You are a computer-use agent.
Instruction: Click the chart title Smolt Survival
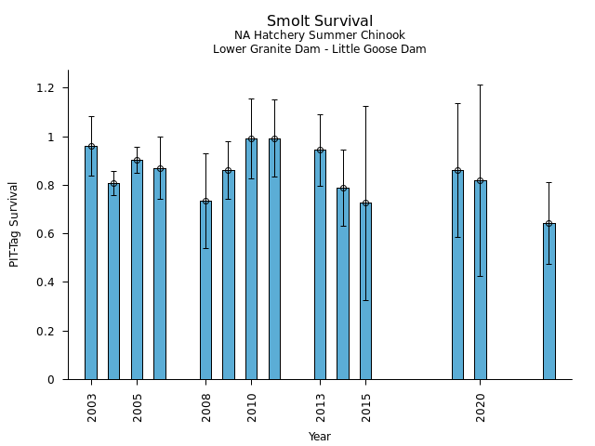(320, 21)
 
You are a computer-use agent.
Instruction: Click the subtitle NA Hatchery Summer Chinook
(320, 35)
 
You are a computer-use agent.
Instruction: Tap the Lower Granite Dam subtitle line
(320, 49)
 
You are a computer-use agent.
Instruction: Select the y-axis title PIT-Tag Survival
(14, 224)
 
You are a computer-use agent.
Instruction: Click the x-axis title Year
(320, 437)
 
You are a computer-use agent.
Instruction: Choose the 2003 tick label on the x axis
(92, 407)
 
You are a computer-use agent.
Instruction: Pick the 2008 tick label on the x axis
(206, 407)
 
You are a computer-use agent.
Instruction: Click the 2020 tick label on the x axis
(481, 407)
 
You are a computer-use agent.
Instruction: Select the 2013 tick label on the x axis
(321, 407)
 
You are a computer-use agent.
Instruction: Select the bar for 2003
(91, 265)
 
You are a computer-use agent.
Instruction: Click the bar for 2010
(251, 260)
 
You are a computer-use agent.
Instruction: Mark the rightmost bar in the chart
(549, 302)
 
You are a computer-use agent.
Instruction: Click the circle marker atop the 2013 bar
(320, 150)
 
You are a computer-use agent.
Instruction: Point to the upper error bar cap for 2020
(480, 85)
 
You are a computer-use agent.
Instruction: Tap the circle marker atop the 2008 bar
(205, 201)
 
